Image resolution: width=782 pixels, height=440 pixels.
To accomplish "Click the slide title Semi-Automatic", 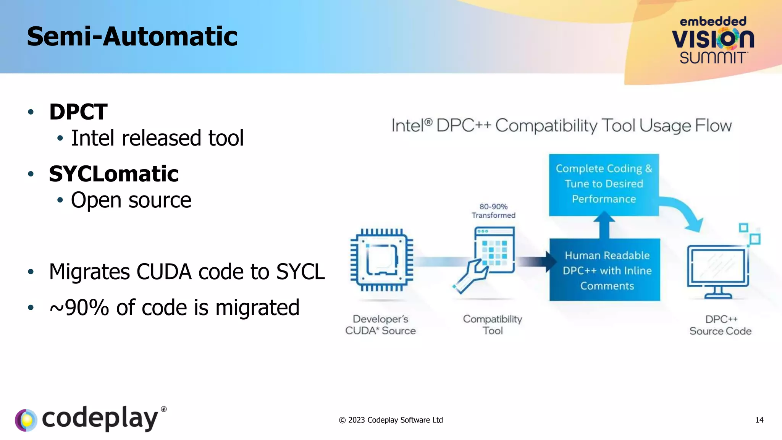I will [x=132, y=37].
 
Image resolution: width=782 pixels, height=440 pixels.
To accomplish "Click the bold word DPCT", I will [x=78, y=112].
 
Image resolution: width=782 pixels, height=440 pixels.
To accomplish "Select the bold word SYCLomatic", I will [x=114, y=174].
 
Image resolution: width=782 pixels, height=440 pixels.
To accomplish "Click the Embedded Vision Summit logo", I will [x=713, y=40].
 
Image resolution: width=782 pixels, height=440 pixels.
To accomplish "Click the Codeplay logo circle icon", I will [x=26, y=420].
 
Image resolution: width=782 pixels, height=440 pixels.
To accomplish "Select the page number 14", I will [x=759, y=420].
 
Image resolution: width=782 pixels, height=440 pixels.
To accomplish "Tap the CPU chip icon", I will [x=382, y=260].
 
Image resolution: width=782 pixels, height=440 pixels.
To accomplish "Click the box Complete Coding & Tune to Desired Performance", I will [x=604, y=184].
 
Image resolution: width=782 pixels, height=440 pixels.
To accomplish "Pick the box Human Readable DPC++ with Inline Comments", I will [x=605, y=270].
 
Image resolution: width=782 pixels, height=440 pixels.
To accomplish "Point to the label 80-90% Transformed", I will [x=493, y=211].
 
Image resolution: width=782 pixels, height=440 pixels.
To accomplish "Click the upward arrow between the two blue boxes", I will [x=604, y=226].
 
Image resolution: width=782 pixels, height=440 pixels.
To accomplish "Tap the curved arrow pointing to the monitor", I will [x=685, y=212].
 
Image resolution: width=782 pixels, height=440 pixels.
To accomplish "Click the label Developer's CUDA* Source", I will [x=380, y=325].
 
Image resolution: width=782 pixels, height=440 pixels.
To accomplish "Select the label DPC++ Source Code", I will [x=721, y=325].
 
